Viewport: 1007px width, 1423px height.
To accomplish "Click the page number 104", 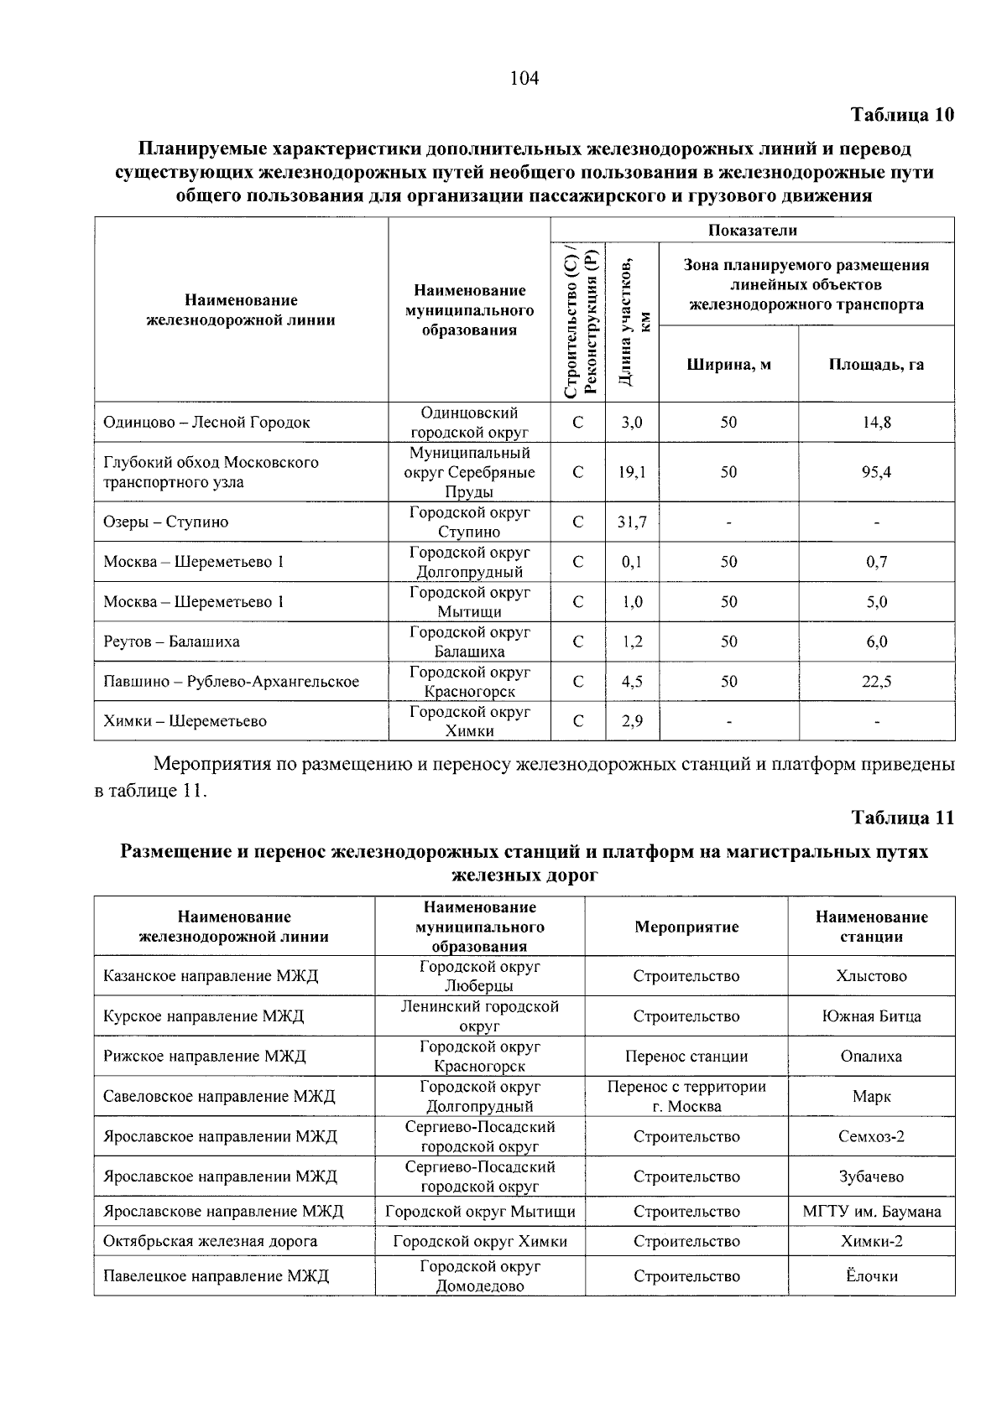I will [x=524, y=79].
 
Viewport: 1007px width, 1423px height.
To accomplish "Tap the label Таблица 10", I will [x=902, y=115].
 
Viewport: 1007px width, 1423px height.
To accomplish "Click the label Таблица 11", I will [x=902, y=818].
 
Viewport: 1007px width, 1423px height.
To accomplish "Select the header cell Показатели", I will [x=752, y=231].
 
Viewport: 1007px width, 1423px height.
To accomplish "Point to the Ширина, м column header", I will [x=728, y=365].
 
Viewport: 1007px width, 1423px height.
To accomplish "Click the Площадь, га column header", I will [x=876, y=365].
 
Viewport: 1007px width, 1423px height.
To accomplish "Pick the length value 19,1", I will [x=632, y=472].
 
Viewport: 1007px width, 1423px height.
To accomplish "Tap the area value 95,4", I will [x=876, y=472].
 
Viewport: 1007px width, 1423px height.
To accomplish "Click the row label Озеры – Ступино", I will [x=166, y=522].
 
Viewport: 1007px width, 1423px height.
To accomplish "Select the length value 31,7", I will [x=632, y=522].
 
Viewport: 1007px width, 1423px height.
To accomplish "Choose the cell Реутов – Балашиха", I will [x=171, y=641].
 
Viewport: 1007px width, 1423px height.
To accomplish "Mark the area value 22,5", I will [x=876, y=682].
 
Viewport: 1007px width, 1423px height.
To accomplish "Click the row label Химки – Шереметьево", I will [x=185, y=721].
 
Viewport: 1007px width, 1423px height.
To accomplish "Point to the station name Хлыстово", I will [x=871, y=976].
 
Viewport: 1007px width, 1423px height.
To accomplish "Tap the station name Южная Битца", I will [x=871, y=1016].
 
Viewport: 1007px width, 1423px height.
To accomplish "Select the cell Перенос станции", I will [x=686, y=1057].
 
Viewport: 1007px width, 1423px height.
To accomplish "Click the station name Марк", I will [x=871, y=1097].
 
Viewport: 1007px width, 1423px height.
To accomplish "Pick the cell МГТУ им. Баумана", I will [x=871, y=1212].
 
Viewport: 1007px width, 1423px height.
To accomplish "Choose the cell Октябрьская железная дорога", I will [x=210, y=1241].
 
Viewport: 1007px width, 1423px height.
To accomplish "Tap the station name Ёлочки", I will [x=871, y=1276].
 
